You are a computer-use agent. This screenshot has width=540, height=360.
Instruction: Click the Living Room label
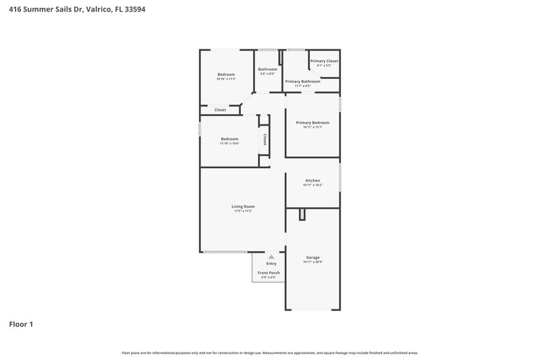[x=243, y=207]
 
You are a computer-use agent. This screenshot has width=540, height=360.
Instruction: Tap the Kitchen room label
[x=313, y=180]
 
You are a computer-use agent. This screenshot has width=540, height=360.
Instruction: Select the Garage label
[x=313, y=257]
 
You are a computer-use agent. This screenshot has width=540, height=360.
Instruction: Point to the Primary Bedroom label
[x=313, y=122]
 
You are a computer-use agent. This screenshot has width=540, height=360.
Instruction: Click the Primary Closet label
[x=324, y=61]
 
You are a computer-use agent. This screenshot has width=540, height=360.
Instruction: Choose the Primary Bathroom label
[x=302, y=81]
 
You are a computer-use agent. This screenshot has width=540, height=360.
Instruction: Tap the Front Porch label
[x=269, y=272]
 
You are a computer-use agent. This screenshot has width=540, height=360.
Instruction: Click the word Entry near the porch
[x=271, y=263]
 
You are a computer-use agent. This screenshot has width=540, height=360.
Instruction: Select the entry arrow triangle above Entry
[x=271, y=257]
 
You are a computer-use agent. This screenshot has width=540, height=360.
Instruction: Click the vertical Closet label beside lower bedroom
[x=265, y=140]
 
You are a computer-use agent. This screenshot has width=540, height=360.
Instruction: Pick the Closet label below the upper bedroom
[x=220, y=109]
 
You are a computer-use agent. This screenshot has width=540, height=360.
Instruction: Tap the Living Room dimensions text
[x=243, y=212]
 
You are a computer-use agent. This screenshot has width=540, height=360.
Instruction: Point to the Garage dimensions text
[x=313, y=262]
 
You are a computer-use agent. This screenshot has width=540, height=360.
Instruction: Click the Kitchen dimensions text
[x=313, y=185]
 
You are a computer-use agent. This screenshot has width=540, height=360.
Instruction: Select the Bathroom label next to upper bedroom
[x=267, y=69]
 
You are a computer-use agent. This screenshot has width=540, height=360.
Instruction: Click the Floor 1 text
[x=21, y=324]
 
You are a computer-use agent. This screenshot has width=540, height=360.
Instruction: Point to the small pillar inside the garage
[x=302, y=214]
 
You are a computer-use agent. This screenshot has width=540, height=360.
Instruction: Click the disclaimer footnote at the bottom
[x=270, y=353]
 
